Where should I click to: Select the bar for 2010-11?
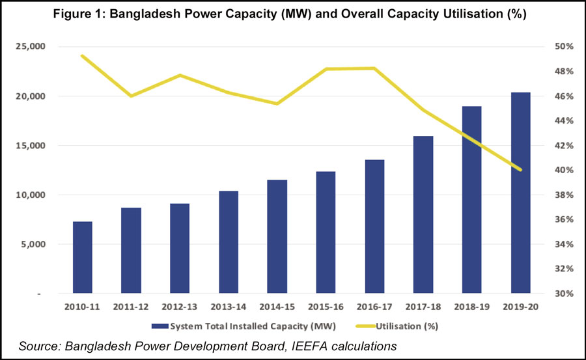pos(82,257)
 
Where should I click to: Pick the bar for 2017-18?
pos(423,215)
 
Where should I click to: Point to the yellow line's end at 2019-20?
pos(520,170)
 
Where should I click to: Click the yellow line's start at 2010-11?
pos(82,56)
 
